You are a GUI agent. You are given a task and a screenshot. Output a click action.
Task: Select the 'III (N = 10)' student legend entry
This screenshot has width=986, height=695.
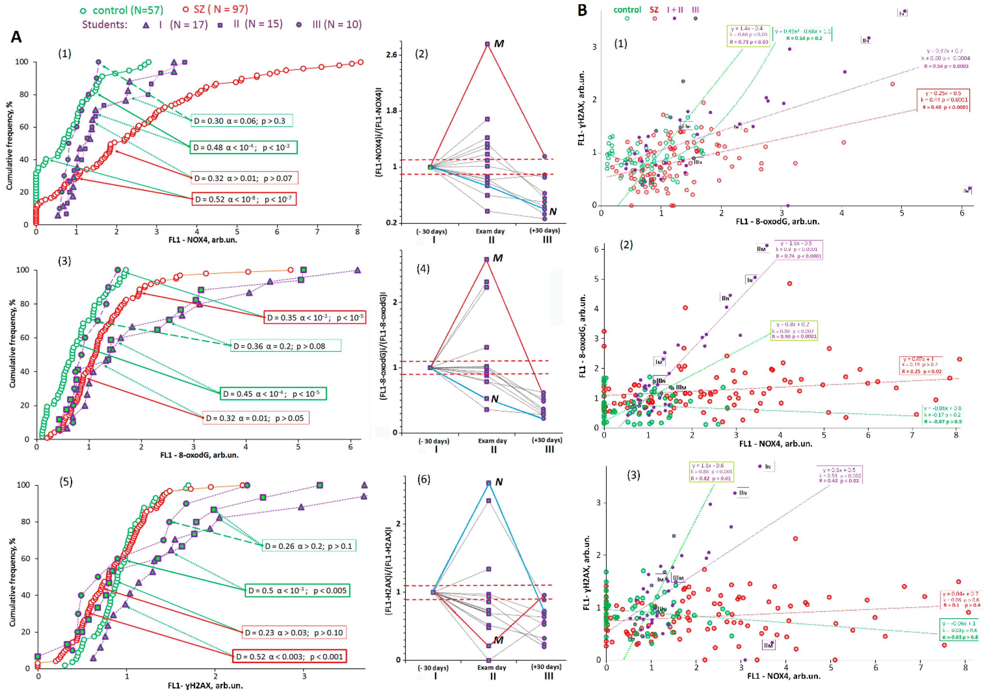329,25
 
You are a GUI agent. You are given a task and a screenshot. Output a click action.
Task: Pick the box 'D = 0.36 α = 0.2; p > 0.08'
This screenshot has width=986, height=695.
286,346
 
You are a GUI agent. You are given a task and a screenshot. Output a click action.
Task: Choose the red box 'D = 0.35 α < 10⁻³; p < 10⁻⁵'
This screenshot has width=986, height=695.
315,318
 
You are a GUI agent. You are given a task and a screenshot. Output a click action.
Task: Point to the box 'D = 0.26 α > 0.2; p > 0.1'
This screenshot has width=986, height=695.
309,546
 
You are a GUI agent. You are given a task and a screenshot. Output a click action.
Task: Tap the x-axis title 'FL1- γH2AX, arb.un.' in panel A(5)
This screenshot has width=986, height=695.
205,685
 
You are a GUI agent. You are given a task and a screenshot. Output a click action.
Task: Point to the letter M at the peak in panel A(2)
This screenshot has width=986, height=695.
499,44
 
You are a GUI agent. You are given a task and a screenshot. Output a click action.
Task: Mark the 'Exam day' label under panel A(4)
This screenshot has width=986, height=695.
493,441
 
